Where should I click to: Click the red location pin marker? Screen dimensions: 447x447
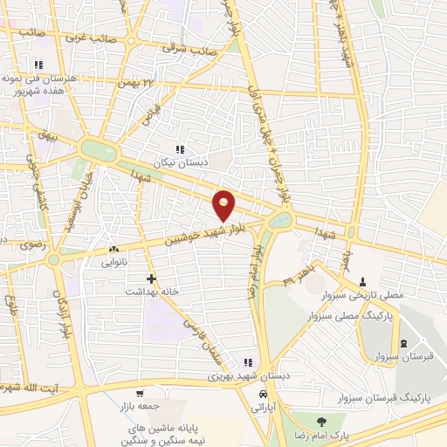[224, 204]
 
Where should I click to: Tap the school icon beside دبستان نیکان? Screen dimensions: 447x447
[180, 149]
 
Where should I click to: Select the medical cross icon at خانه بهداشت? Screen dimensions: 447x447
[152, 279]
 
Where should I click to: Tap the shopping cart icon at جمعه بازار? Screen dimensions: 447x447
[139, 393]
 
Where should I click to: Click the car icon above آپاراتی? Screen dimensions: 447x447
[263, 394]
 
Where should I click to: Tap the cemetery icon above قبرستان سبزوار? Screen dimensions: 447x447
[402, 343]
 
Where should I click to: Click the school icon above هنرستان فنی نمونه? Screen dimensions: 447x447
[38, 65]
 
